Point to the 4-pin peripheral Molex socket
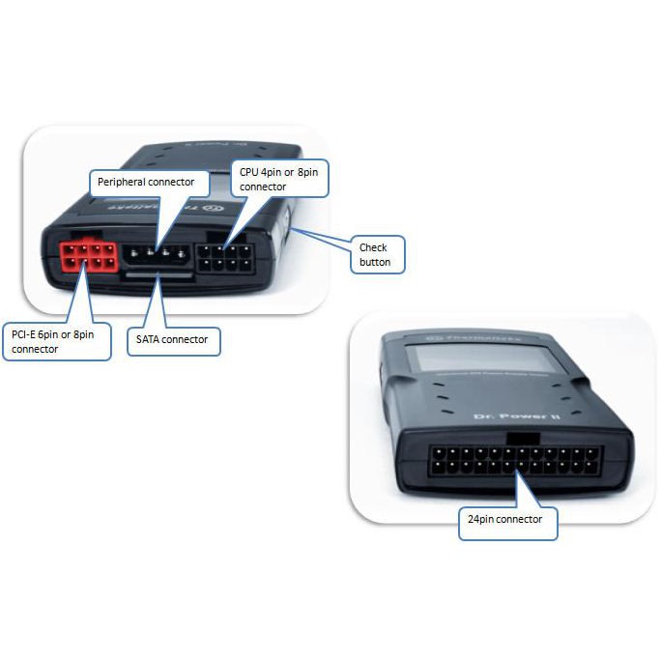tap(157, 256)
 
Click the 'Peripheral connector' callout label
tap(148, 181)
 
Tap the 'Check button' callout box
tap(375, 254)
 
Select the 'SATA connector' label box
tap(174, 340)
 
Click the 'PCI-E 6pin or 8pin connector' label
tap(56, 342)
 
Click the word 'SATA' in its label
tap(149, 340)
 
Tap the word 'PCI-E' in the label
tap(24, 334)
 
